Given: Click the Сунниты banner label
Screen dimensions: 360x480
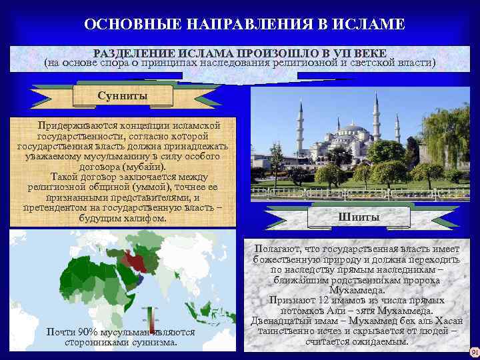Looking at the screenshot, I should tap(122, 96).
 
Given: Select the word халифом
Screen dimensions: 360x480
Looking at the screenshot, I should tap(144, 219).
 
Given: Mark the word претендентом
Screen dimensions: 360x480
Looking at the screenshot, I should tap(59, 208).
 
